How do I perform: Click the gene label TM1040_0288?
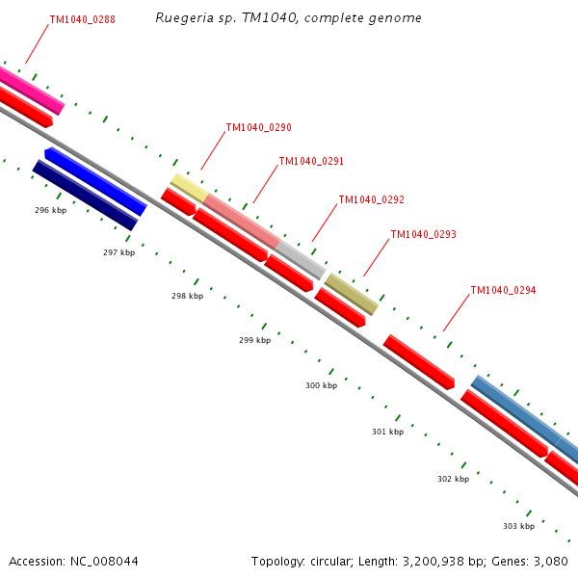(x=83, y=19)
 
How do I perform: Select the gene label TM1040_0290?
(x=258, y=127)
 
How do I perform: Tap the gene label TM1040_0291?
(x=311, y=162)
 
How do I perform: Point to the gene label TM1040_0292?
(x=371, y=200)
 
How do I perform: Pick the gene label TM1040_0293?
(x=423, y=235)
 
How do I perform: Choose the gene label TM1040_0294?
(x=503, y=290)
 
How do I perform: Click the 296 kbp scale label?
(x=50, y=210)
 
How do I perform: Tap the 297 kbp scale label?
(x=118, y=252)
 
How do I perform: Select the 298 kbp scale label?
(x=187, y=297)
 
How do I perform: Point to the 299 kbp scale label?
(x=254, y=340)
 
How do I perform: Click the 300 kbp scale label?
(x=321, y=385)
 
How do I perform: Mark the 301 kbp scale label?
(x=387, y=432)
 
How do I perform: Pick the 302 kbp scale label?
(x=453, y=479)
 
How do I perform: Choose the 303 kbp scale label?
(x=518, y=526)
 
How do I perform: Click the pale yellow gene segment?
(x=188, y=187)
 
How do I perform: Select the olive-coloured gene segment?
(x=351, y=294)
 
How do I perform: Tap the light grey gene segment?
(x=301, y=259)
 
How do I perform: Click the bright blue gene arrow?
(x=96, y=182)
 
